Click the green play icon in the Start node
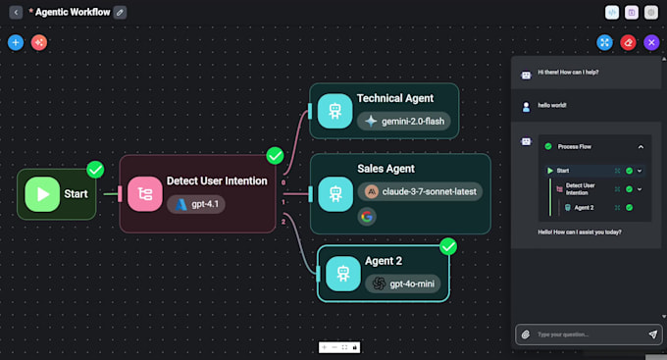[42, 194]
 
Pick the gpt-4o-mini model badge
[403, 283]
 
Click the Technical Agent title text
[394, 99]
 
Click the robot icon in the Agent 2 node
[343, 274]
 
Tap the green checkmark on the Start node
[95, 170]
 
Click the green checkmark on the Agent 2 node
[448, 246]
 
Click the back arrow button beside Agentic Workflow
[16, 12]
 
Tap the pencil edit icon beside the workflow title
[120, 12]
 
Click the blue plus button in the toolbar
[15, 42]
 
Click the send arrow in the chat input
[652, 334]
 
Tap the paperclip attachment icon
[526, 334]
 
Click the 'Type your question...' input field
[589, 334]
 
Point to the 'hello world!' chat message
[552, 105]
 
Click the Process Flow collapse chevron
[641, 146]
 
